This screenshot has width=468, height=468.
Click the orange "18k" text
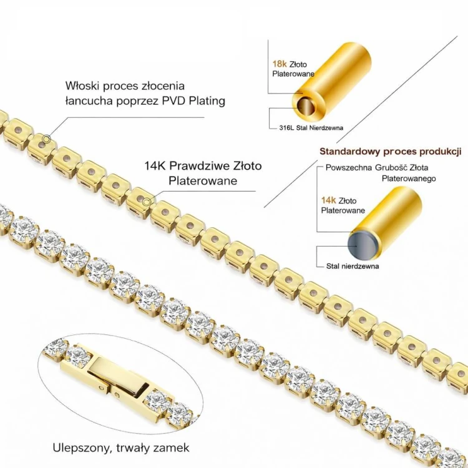280,64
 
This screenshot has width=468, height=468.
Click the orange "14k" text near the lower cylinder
328,200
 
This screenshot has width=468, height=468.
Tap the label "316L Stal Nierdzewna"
311,128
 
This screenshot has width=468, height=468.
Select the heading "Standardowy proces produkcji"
391,152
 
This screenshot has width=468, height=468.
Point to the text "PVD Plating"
193,101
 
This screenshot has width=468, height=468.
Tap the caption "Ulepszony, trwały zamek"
121,447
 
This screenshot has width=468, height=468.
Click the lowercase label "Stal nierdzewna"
353,266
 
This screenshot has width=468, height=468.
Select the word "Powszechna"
349,167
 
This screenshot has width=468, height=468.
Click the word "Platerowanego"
409,178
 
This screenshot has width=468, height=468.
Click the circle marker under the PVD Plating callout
46,139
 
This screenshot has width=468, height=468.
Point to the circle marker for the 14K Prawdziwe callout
146,202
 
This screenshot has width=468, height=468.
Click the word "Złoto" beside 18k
298,64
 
